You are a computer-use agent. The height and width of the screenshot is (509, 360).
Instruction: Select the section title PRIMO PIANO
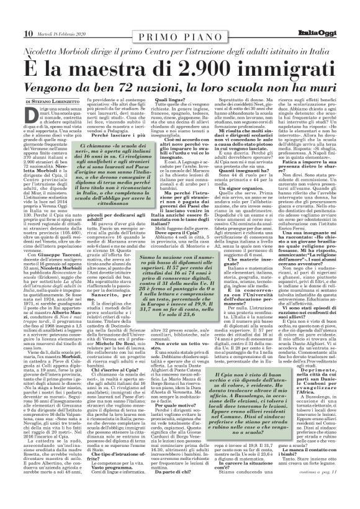click(180, 14)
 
